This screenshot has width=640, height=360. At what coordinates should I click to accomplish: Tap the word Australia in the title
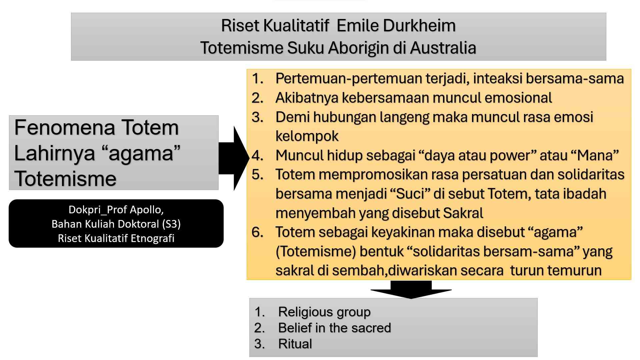click(443, 48)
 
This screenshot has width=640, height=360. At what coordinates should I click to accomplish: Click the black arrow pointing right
click(234, 158)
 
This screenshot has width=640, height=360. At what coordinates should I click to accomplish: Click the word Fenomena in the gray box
click(64, 128)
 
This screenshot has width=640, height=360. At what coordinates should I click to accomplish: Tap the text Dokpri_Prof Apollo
click(116, 210)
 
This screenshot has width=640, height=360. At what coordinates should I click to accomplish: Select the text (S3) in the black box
click(171, 224)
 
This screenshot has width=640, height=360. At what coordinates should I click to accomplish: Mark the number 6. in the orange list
click(258, 232)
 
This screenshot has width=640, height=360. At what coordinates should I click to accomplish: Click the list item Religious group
click(324, 312)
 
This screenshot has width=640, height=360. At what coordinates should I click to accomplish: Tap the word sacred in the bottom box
click(371, 328)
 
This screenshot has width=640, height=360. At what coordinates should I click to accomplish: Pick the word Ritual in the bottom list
click(295, 344)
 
